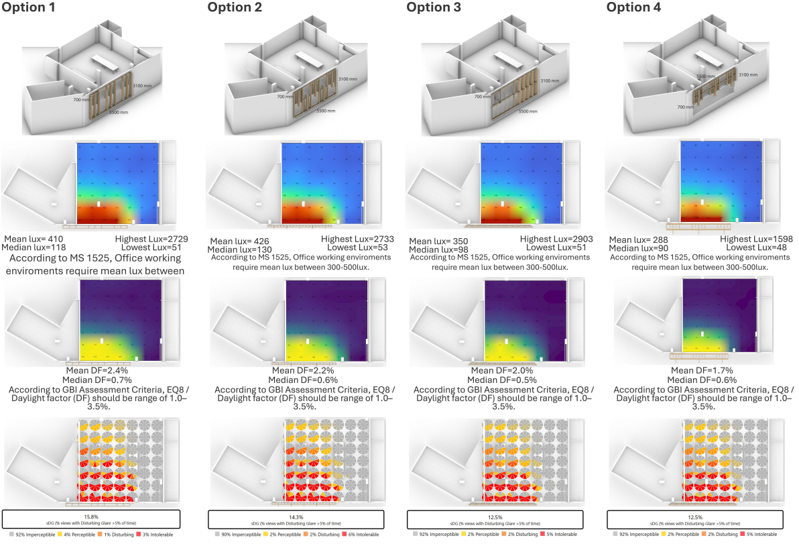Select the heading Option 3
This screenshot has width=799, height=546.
coord(434,7)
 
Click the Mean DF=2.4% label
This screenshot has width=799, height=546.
coord(93,369)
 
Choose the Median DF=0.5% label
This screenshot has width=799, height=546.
coord(499,378)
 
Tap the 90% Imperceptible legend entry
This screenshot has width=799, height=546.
coord(237,535)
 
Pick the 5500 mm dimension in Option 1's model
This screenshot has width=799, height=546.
coord(118,112)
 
